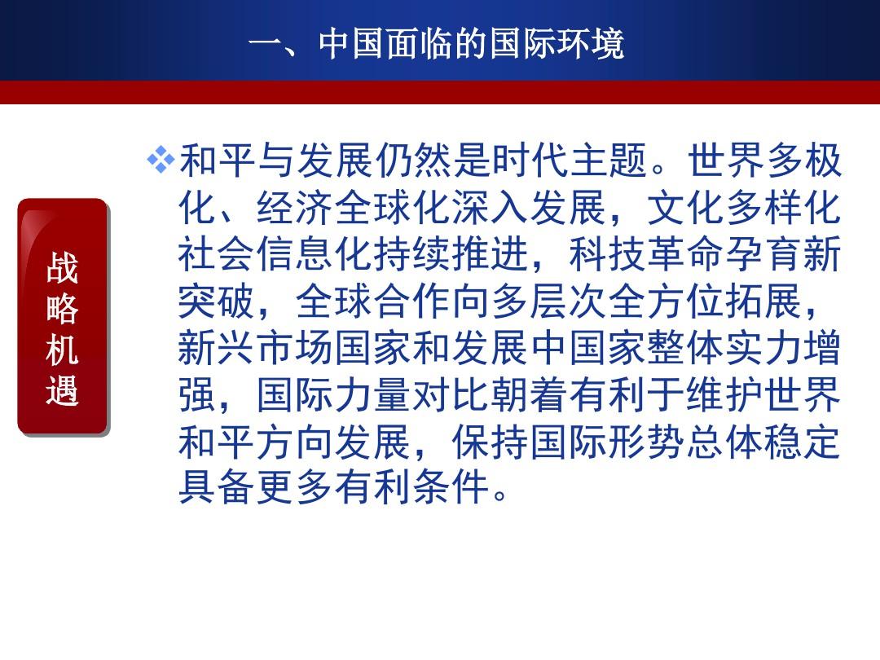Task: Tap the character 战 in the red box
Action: [x=62, y=268]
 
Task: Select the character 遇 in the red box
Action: [x=62, y=389]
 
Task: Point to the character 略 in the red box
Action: [x=62, y=308]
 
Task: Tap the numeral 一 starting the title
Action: [x=266, y=44]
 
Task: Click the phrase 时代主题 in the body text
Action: [x=570, y=160]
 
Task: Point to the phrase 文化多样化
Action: [x=744, y=207]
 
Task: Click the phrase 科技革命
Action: [x=646, y=254]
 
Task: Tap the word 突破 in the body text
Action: [x=218, y=301]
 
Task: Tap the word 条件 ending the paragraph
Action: [x=451, y=486]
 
